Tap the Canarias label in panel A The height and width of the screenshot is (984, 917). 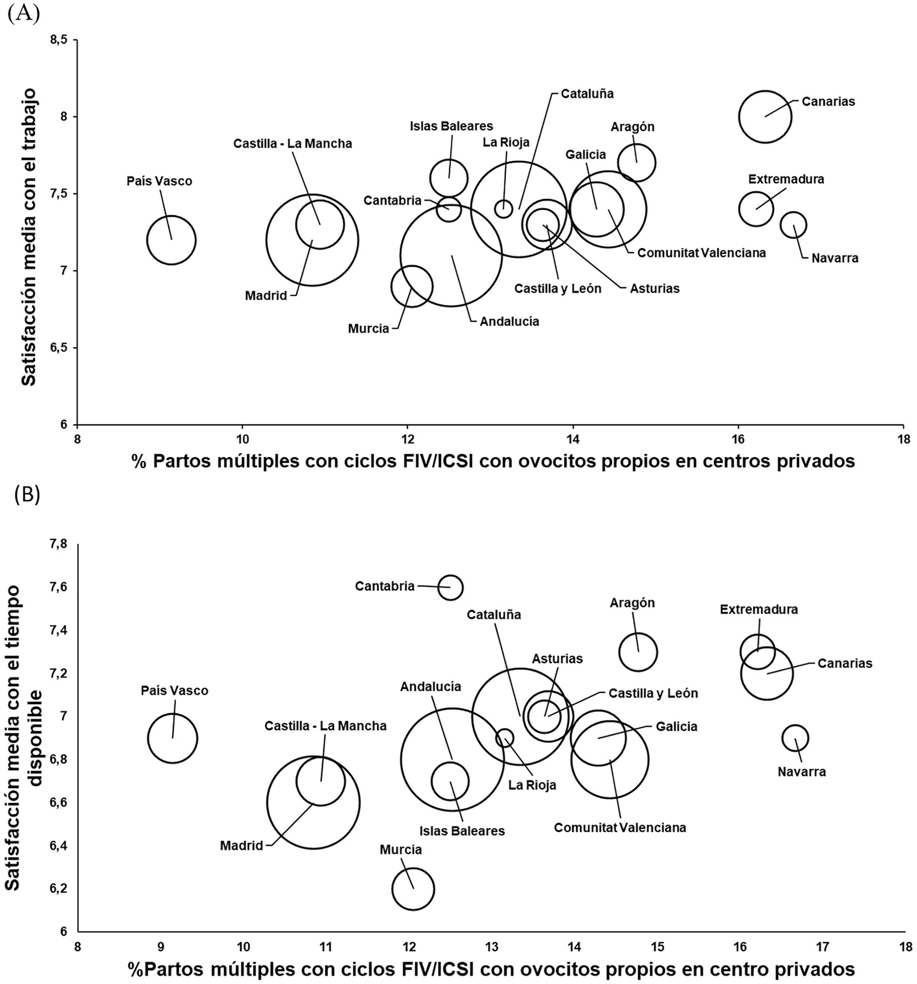coord(828,102)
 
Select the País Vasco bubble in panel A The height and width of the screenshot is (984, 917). coord(171,240)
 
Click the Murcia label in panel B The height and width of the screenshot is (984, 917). coord(400,850)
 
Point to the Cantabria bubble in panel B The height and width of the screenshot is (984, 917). coord(450,587)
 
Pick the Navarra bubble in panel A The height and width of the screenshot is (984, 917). coord(793,225)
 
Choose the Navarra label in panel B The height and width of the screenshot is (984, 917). coord(801,772)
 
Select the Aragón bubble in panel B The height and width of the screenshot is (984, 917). coord(638,652)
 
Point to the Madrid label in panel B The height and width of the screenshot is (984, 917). coord(241,845)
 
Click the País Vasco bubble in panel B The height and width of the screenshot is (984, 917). coord(172,738)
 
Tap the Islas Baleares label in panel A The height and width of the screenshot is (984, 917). coord(451,126)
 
